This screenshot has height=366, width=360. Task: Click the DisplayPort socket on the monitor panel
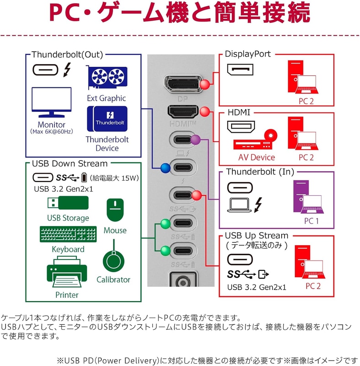point(183,84)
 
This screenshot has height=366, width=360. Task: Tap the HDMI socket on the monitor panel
point(183,112)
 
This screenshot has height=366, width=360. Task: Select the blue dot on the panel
point(166,168)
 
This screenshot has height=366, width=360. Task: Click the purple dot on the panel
point(195,140)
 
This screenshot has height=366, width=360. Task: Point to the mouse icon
point(115,210)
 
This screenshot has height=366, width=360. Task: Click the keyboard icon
point(68,234)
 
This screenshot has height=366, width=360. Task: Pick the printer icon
point(67,272)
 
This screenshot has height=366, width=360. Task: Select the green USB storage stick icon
point(68,203)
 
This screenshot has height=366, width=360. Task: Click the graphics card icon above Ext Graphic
point(107,77)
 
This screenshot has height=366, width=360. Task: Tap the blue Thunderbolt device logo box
point(107,119)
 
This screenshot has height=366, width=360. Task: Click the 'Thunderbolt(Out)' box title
point(67,54)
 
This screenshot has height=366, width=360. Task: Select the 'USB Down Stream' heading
point(70,164)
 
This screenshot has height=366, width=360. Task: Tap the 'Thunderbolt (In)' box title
point(260,172)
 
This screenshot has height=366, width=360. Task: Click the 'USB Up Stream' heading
point(257,236)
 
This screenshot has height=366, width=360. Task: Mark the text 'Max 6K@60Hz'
point(52,132)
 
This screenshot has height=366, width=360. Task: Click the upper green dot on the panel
point(166,224)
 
